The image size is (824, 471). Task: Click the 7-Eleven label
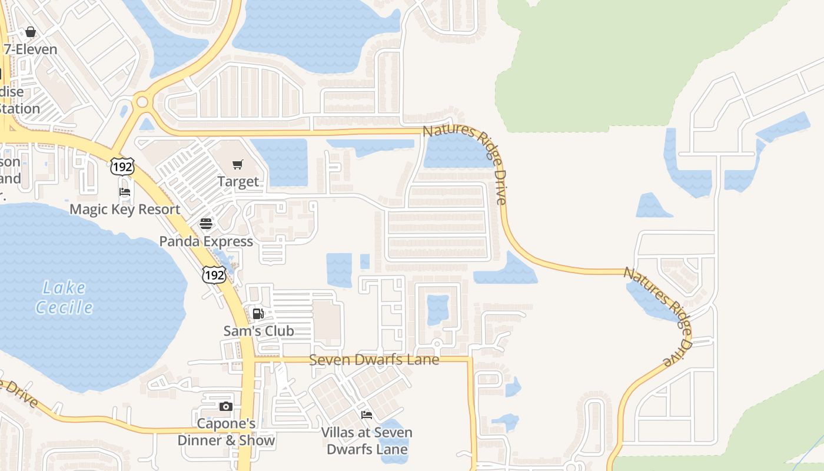click(31, 49)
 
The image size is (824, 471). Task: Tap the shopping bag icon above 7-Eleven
click(31, 32)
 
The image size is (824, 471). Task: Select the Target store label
click(238, 181)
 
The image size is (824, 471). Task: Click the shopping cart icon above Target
click(238, 164)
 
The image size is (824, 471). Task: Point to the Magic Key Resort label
click(125, 209)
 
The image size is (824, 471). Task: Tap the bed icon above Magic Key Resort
click(125, 192)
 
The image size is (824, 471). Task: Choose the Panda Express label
click(206, 241)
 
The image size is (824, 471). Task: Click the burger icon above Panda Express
click(206, 224)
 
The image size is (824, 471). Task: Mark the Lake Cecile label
click(65, 297)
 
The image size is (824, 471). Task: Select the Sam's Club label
click(258, 331)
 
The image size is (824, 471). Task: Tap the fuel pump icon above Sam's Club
click(258, 314)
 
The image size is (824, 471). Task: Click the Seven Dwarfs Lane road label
click(374, 359)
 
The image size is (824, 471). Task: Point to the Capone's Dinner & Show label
click(227, 432)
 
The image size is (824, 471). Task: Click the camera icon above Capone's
click(225, 406)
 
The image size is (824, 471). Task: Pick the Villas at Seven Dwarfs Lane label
click(367, 440)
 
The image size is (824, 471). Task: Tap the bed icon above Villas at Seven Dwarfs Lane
click(367, 415)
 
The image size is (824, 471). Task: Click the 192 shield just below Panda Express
click(214, 274)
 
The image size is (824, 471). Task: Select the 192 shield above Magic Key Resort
click(122, 166)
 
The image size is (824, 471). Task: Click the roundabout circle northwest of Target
click(142, 102)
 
